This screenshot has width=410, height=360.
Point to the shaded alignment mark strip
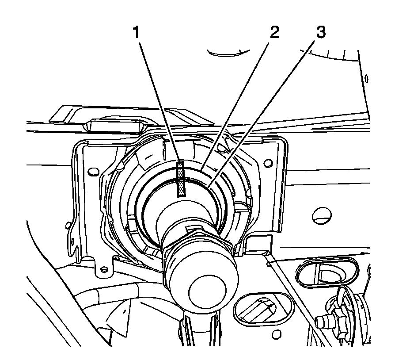pos(181,178)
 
